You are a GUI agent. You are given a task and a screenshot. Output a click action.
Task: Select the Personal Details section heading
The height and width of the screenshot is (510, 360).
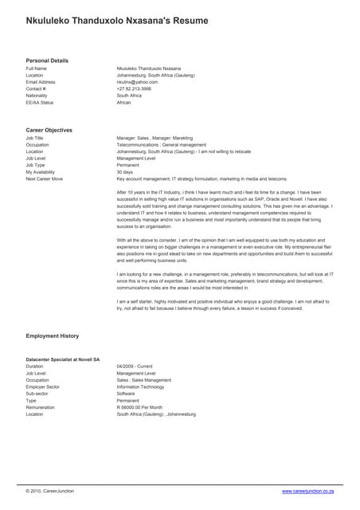pos(47,61)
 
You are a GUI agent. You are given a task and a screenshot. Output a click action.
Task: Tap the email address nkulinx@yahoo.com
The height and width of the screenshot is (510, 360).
pos(137,81)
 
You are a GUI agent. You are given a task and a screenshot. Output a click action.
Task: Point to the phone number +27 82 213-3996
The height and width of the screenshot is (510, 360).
pos(134,88)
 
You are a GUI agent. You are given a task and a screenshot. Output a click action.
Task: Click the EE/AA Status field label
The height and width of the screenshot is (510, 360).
pos(40,102)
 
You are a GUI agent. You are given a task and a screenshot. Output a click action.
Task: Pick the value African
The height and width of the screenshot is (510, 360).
pos(124,102)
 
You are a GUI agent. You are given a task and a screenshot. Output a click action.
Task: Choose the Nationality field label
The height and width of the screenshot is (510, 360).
pos(37,95)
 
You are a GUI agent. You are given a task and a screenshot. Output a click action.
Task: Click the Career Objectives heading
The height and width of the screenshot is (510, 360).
pos(49,130)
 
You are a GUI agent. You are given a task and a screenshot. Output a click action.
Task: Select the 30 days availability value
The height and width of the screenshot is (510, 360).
pos(125,172)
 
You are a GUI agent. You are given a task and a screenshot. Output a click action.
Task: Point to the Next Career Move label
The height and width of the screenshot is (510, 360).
pos(45,178)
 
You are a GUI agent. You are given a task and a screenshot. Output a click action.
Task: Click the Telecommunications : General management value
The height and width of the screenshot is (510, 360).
pos(161,144)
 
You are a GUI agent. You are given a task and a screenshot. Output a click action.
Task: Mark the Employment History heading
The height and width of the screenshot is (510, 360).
pos(53,336)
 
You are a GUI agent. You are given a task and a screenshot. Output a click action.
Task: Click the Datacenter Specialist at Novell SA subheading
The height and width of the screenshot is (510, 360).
pos(63,359)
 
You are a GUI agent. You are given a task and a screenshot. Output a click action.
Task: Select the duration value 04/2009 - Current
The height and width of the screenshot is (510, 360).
pos(135,367)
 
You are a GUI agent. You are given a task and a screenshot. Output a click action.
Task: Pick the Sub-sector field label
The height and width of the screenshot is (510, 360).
pos(37,394)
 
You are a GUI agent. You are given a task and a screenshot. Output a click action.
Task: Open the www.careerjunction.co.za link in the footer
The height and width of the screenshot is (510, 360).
pos(311,491)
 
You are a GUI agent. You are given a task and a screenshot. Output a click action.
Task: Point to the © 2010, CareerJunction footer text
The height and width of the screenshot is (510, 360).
pos(49,491)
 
